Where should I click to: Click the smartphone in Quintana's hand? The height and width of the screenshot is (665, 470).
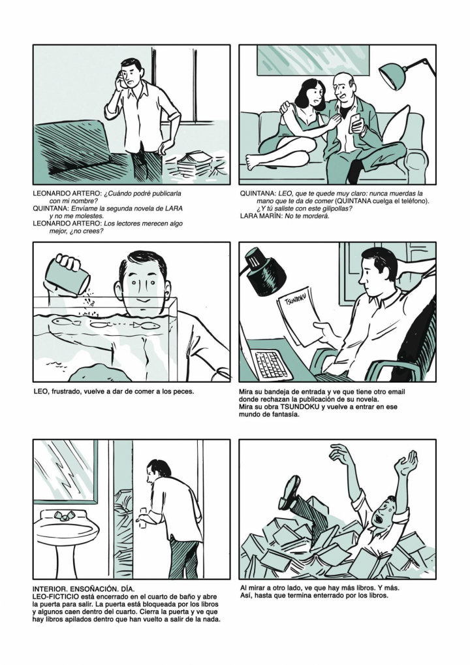point(356,120)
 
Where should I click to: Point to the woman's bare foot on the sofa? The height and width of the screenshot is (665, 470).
point(255,162)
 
